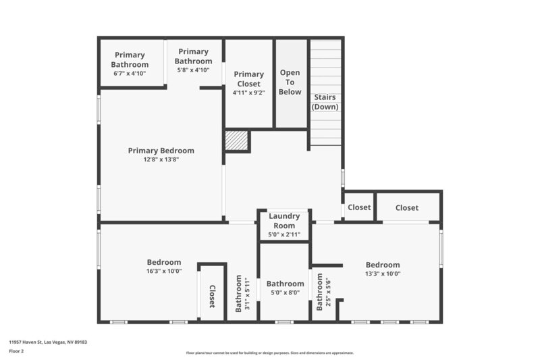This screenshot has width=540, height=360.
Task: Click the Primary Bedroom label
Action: pyautogui.click(x=161, y=151)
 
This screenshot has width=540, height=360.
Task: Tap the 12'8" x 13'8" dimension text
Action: pyautogui.click(x=161, y=160)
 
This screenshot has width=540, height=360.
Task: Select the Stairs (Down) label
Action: pyautogui.click(x=325, y=101)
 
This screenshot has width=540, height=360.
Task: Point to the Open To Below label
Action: pyautogui.click(x=290, y=82)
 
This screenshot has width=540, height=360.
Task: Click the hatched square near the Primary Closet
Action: pyautogui.click(x=237, y=140)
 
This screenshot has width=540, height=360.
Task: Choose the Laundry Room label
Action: pyautogui.click(x=284, y=221)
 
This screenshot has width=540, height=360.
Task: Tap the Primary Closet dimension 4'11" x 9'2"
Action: pyautogui.click(x=248, y=93)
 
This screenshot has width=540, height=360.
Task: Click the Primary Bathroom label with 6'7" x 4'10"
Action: pyautogui.click(x=130, y=59)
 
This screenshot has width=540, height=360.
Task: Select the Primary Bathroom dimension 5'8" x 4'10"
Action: pyautogui.click(x=194, y=70)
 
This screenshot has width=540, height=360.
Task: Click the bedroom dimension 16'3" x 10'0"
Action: pyautogui.click(x=163, y=272)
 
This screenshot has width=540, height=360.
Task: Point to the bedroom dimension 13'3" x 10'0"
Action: pyautogui.click(x=383, y=274)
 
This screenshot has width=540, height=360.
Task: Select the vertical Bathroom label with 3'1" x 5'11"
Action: pyautogui.click(x=242, y=294)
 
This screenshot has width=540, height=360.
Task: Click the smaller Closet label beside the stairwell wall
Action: pyautogui.click(x=359, y=207)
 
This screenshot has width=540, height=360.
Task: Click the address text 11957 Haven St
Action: pyautogui.click(x=48, y=342)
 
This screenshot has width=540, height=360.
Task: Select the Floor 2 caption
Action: pyautogui.click(x=16, y=351)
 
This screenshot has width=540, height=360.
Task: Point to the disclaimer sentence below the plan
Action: pyautogui.click(x=269, y=353)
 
